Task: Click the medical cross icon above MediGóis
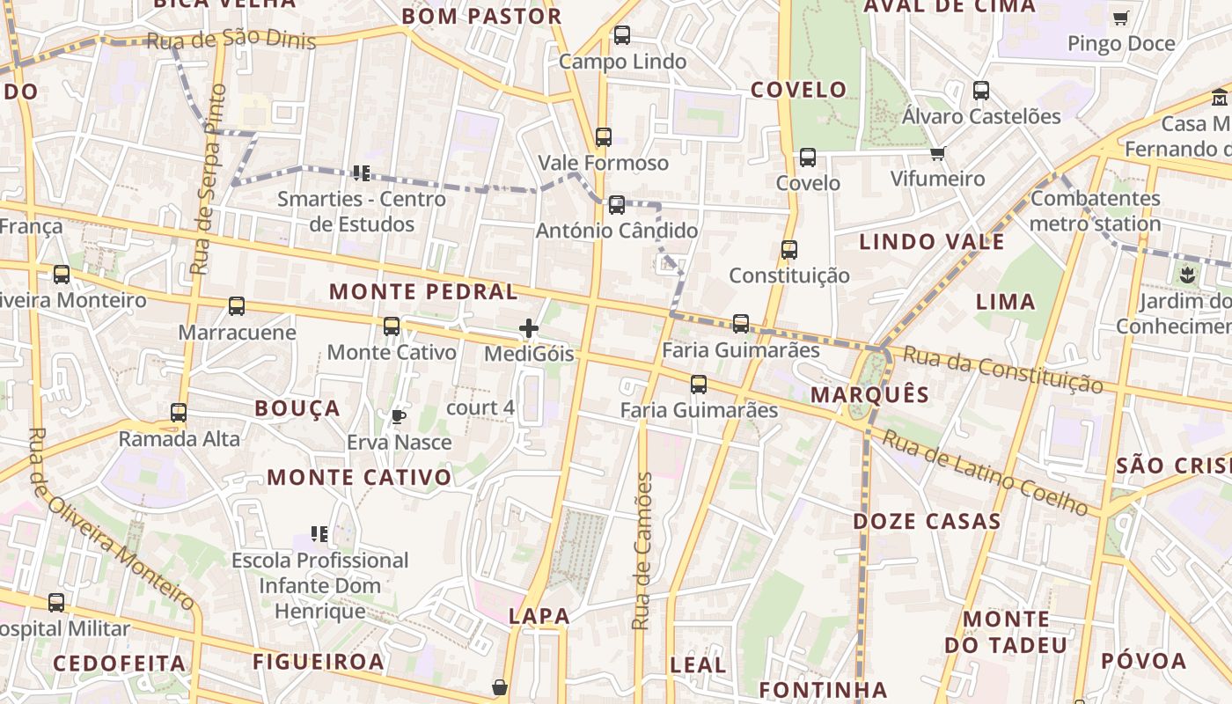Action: click(529, 329)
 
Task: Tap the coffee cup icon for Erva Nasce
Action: click(399, 416)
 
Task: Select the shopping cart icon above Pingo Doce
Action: click(1120, 18)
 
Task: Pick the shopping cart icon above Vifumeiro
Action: click(937, 154)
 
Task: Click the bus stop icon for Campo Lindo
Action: click(622, 36)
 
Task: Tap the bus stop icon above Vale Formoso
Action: click(603, 137)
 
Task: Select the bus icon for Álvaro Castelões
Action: click(981, 91)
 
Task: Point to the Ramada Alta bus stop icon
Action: click(179, 413)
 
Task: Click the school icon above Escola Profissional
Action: click(319, 533)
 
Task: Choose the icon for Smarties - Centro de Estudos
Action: click(361, 172)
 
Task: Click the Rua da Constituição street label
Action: click(1002, 369)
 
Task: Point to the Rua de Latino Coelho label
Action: click(985, 472)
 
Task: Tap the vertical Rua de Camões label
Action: click(643, 551)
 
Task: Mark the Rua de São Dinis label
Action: click(230, 40)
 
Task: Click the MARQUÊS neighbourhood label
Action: click(869, 395)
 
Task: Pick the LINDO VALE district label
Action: click(931, 242)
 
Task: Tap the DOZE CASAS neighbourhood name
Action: click(927, 522)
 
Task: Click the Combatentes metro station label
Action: click(1095, 211)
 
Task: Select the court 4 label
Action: click(480, 408)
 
